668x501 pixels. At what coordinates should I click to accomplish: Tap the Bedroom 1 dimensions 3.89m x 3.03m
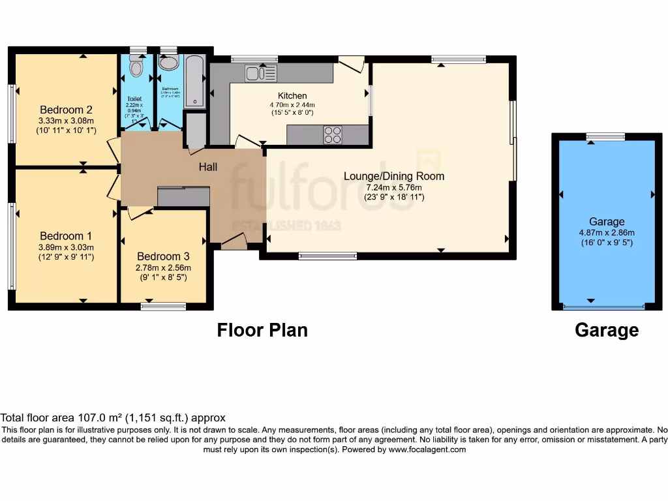tap(66, 247)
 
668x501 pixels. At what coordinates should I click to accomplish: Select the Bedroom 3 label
tap(164, 256)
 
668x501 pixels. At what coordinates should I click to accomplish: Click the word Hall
tap(208, 167)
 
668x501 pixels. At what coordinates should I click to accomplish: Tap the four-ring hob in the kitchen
tap(332, 134)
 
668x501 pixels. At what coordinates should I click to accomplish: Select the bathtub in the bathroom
tap(195, 82)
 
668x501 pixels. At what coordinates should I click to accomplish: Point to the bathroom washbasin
tap(169, 64)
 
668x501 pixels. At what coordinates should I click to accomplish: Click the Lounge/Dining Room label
tap(394, 176)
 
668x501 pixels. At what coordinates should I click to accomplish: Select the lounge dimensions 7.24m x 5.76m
tap(394, 187)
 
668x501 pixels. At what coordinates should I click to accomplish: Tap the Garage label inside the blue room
tap(607, 222)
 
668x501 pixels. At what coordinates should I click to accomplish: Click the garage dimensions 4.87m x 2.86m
tap(607, 232)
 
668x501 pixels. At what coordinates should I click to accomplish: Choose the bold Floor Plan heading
tap(262, 330)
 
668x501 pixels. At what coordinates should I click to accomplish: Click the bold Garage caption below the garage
tap(607, 330)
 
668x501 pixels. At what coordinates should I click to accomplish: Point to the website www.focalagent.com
tap(428, 449)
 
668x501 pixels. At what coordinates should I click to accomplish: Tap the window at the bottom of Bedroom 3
tap(163, 306)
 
